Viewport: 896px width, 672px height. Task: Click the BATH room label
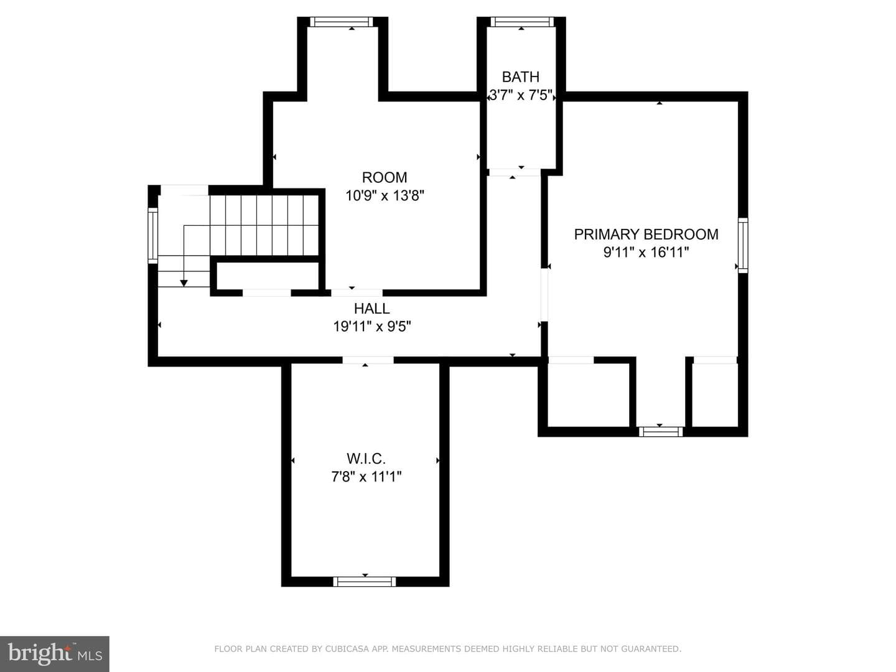[x=520, y=77]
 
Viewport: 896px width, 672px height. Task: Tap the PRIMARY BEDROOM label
[x=646, y=234]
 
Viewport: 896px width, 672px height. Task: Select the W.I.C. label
[x=366, y=459]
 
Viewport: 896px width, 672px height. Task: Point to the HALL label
[x=372, y=309]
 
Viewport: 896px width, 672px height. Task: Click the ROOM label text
[x=385, y=177]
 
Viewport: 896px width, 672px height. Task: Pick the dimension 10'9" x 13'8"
[x=385, y=196]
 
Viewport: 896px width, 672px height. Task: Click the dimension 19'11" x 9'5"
[x=372, y=327]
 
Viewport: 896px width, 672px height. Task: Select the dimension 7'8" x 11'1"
[x=366, y=477]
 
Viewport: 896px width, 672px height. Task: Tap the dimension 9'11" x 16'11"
[x=646, y=252]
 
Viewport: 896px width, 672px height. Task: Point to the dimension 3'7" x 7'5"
[x=520, y=95]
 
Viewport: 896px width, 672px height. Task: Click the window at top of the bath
[x=522, y=22]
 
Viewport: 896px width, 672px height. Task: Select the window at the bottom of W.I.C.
[x=365, y=582]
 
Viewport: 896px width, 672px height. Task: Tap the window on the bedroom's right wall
[x=743, y=245]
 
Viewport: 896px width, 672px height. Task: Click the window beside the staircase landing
[x=152, y=236]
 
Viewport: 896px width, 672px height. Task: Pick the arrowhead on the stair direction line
[x=184, y=283]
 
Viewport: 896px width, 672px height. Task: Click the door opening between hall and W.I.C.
[x=368, y=360]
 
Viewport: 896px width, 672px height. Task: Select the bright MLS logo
[x=55, y=654]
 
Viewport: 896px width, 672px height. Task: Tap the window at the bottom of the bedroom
[x=660, y=432]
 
